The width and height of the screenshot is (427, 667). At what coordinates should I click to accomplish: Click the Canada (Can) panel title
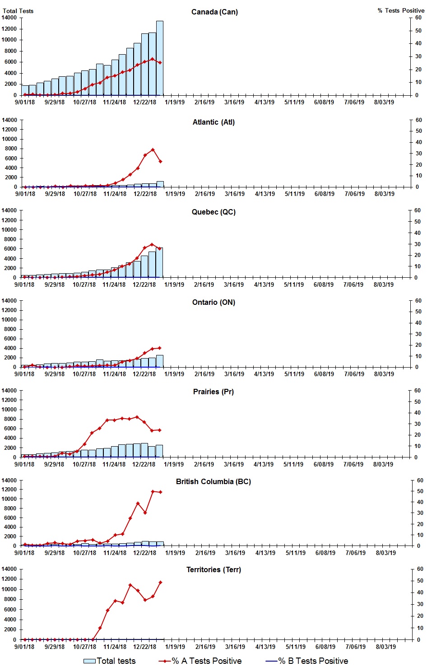214,12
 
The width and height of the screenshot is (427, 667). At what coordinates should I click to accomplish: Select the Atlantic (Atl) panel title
213,122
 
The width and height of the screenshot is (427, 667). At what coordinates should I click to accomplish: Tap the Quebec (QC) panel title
213,212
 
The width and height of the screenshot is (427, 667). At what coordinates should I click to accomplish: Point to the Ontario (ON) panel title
213,302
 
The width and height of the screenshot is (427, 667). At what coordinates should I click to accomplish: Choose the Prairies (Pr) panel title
213,392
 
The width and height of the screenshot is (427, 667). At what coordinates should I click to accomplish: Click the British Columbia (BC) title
213,481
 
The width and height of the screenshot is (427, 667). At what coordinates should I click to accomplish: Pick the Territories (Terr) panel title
213,569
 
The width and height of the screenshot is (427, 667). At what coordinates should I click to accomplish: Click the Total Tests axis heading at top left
18,11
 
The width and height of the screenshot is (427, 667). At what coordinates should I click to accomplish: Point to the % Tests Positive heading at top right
401,10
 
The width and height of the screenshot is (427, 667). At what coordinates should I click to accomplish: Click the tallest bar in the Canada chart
160,58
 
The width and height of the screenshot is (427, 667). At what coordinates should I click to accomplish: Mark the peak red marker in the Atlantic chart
153,149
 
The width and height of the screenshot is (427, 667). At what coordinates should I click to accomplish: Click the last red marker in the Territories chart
160,583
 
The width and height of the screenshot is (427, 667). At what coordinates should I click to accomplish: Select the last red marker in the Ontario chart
159,348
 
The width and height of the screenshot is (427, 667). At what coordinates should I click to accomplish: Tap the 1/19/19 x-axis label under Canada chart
175,102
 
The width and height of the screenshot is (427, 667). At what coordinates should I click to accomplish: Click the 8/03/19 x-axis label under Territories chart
386,647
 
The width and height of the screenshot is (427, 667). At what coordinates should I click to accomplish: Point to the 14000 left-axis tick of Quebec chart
9,210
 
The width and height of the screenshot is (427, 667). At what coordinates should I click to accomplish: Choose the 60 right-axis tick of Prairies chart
417,391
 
